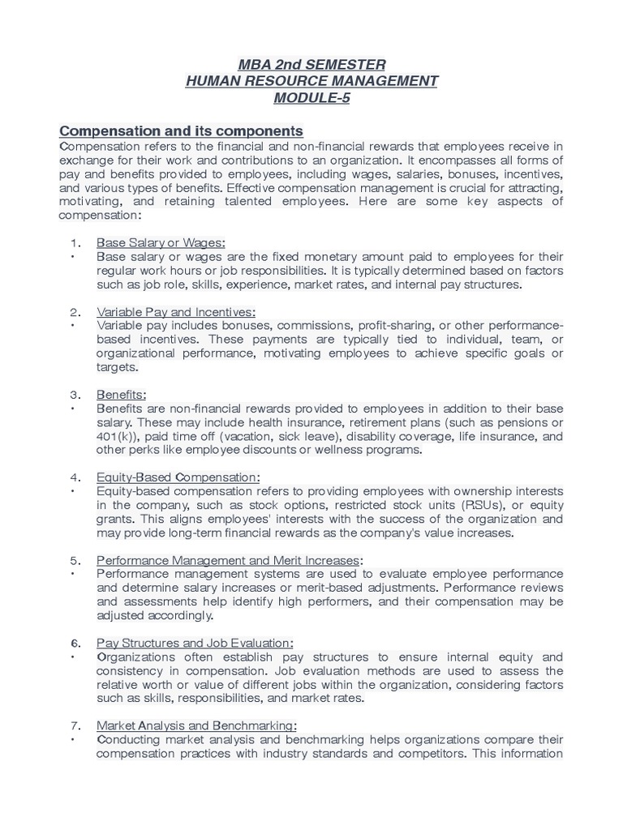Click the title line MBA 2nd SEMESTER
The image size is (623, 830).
click(311, 64)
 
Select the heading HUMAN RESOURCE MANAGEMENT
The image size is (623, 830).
click(311, 81)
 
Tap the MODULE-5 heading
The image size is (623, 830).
click(311, 98)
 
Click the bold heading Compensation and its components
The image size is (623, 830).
click(182, 130)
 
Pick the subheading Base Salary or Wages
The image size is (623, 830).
click(161, 242)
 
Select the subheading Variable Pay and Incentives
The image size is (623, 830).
click(176, 312)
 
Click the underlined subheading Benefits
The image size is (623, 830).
click(121, 395)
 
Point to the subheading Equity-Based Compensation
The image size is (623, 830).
click(178, 477)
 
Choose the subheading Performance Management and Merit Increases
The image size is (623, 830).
click(228, 560)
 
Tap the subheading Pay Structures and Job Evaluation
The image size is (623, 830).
click(195, 643)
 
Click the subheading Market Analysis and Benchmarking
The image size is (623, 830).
click(196, 725)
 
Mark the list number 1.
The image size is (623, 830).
click(74, 242)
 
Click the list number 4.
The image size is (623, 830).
click(74, 477)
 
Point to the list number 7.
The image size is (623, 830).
click(74, 725)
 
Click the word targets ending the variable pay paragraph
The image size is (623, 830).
click(116, 367)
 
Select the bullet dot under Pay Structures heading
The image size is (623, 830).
click(73, 657)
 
